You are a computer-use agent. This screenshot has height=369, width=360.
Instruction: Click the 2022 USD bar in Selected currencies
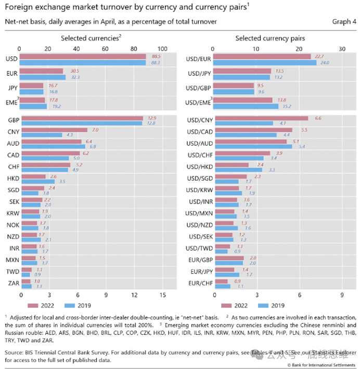click(x=83, y=56)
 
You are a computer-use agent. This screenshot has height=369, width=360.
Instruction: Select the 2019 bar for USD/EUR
click(x=265, y=62)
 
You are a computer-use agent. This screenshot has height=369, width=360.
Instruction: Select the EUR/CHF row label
click(x=199, y=284)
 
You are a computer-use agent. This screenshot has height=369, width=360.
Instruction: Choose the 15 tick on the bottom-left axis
click(x=163, y=295)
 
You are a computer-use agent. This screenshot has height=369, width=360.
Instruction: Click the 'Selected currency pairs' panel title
click(x=270, y=39)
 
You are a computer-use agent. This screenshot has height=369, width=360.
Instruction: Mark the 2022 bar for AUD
click(x=51, y=141)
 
